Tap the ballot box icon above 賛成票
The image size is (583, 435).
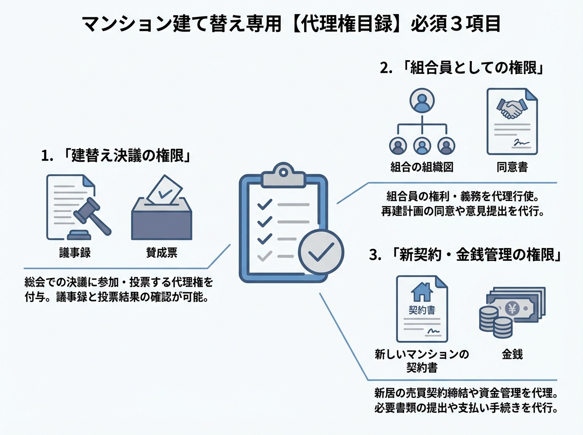pyautogui.click(x=161, y=209)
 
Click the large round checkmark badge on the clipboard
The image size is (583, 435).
pyautogui.click(x=321, y=251)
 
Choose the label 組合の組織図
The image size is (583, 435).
pyautogui.click(x=422, y=167)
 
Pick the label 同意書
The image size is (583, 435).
pyautogui.click(x=512, y=167)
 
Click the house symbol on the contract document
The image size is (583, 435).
pyautogui.click(x=421, y=292)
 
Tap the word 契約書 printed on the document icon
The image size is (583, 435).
pyautogui.click(x=421, y=310)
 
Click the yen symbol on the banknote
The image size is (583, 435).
pyautogui.click(x=511, y=307)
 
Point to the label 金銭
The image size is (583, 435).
pyautogui.click(x=512, y=354)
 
